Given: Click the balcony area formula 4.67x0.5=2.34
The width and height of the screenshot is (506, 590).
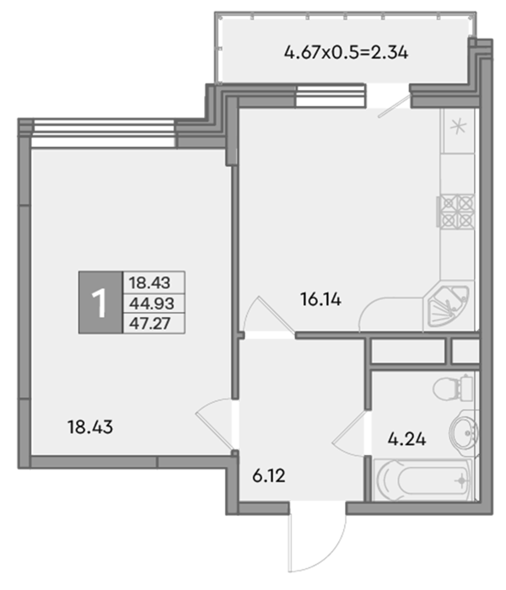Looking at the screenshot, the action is pos(346,52).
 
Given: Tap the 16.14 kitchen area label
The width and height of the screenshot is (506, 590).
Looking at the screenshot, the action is pos(320,299).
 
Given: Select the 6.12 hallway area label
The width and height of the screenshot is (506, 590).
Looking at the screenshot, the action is pos(268,476).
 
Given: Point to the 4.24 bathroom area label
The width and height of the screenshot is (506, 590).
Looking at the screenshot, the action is pos(406,439).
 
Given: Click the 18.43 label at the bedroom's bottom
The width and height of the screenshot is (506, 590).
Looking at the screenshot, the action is pos(90,427).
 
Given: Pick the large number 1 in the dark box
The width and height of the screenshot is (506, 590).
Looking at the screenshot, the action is pos(100,303).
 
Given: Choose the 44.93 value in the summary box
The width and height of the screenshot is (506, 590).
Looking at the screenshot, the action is pos(151,303).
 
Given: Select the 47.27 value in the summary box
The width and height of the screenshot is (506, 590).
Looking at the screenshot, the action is pos(150,324).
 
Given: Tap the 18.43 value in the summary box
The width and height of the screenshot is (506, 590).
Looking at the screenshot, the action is pos(149,282).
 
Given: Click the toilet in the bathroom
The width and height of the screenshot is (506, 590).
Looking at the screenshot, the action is pos(453,388).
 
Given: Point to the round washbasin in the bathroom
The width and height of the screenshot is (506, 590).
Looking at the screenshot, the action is pos(464,432).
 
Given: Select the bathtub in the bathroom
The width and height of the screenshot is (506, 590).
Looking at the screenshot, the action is pos(424,480).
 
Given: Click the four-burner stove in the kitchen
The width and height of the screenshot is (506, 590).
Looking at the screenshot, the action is pos(455,212).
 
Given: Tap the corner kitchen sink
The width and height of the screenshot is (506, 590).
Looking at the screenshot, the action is pos(447,306).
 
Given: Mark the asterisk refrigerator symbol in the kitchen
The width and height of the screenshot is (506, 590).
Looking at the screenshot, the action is pos(458,126).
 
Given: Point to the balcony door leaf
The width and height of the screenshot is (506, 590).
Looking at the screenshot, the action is pos(394,105).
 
